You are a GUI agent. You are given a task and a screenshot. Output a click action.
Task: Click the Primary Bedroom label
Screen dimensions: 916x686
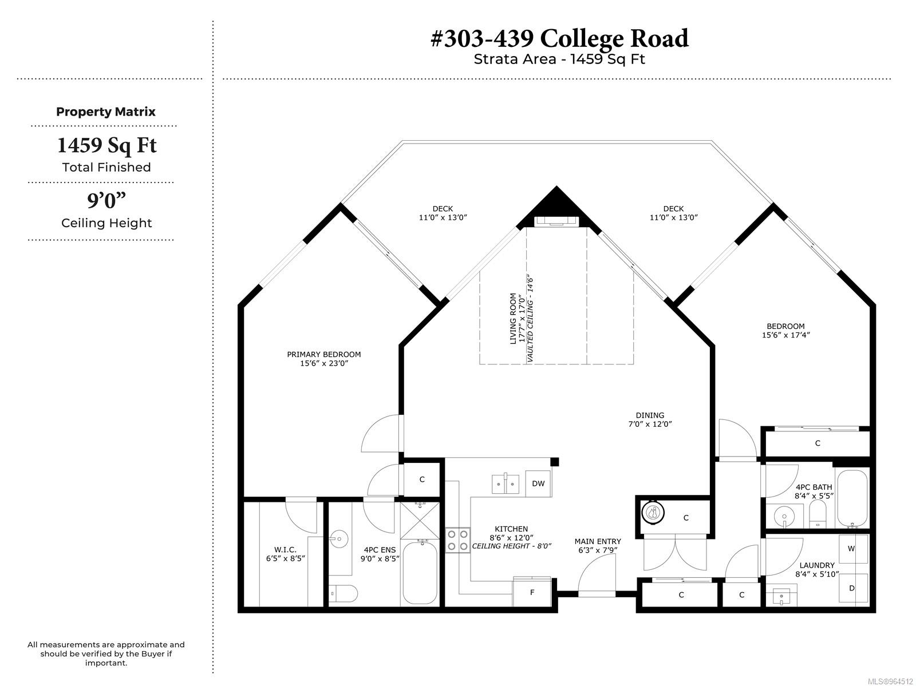324,359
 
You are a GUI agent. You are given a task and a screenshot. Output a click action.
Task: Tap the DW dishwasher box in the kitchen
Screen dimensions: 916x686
538,483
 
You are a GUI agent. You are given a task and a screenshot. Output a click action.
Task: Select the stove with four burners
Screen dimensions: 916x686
457,540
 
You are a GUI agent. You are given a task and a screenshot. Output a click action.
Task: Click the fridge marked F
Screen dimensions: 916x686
532,592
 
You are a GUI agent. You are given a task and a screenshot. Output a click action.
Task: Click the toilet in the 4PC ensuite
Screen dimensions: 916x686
343,593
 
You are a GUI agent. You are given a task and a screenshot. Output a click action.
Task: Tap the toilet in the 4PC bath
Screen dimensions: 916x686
818,513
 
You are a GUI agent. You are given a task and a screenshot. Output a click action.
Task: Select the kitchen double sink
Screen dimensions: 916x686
505,483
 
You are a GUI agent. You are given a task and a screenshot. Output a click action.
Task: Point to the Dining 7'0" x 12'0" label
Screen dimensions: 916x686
650,419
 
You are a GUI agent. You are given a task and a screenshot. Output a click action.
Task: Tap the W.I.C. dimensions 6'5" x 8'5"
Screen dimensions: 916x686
286,558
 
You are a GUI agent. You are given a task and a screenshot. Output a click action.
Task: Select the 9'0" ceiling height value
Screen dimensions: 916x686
106,201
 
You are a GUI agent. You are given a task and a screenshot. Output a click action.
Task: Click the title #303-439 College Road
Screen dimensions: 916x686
559,38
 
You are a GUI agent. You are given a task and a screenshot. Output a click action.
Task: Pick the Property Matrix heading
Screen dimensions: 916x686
105,112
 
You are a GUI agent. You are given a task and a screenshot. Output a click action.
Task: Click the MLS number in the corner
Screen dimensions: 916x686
891,681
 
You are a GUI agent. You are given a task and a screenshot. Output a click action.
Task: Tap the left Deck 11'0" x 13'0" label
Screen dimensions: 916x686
443,213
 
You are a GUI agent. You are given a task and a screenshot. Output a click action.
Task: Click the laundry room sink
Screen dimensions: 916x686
781,597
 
